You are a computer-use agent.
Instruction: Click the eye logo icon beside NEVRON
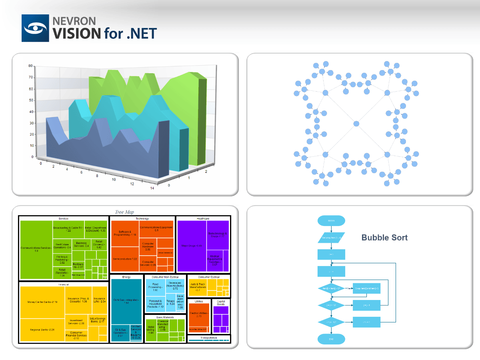(36, 28)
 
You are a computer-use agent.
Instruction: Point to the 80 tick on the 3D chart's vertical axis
(30, 66)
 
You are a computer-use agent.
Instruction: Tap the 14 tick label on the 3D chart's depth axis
(152, 188)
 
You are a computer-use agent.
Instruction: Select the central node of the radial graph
(356, 124)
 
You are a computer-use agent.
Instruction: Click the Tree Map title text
(124, 212)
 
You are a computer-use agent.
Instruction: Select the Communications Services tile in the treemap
(36, 249)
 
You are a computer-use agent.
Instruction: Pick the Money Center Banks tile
(42, 302)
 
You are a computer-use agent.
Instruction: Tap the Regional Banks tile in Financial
(42, 330)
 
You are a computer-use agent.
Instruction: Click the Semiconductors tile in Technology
(125, 259)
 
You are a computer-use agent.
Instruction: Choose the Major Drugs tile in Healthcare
(192, 246)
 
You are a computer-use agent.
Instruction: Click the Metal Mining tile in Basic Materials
(151, 330)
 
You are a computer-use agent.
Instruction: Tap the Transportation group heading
(209, 338)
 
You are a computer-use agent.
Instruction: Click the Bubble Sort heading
(384, 238)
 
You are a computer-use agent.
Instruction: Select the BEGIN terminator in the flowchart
(331, 220)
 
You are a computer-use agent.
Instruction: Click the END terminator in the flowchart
(331, 339)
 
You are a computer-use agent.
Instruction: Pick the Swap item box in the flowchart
(366, 288)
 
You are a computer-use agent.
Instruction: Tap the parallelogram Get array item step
(331, 238)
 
